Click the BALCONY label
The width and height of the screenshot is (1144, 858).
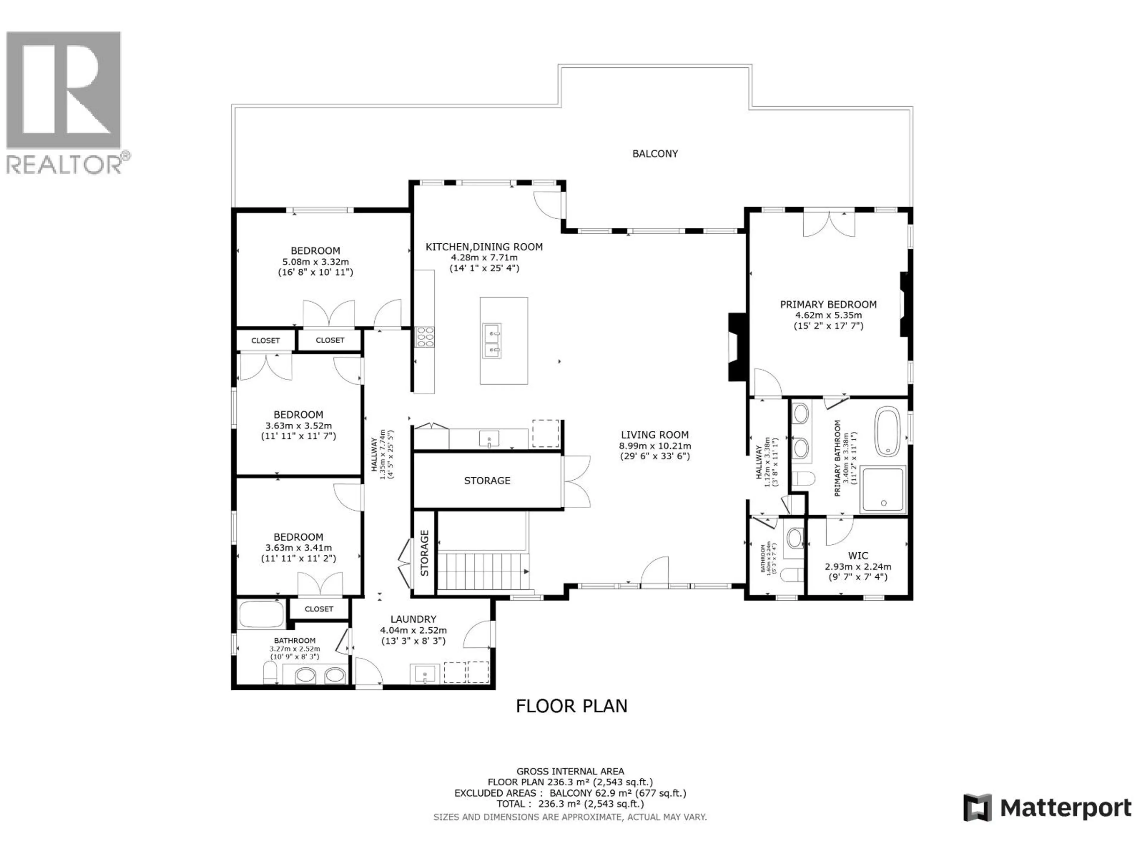[x=655, y=154]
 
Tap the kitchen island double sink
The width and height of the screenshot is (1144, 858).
[x=492, y=341]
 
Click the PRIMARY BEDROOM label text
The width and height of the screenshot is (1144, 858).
[x=828, y=304]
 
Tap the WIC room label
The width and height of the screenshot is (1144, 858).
[x=858, y=556]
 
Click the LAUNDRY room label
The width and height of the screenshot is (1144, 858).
[x=413, y=619]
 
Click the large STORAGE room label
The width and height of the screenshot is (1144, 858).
[x=487, y=481]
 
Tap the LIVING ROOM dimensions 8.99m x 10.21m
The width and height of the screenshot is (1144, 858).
[x=655, y=446]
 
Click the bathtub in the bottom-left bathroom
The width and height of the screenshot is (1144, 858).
[x=261, y=614]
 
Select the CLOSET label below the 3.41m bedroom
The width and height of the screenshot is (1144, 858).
[x=318, y=609]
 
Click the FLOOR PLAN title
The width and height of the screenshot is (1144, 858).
[x=571, y=706]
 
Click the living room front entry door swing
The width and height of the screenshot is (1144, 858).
[x=654, y=571]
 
